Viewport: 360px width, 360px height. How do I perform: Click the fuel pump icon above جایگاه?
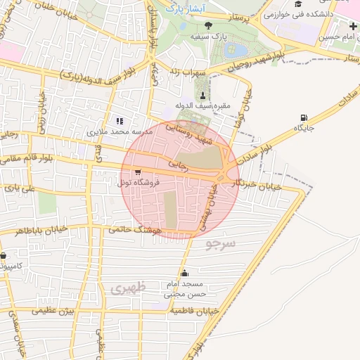pyautogui.click(x=304, y=117)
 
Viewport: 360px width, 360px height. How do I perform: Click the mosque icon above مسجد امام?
pyautogui.click(x=184, y=274)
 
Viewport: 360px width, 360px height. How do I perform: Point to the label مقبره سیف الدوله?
pyautogui.click(x=202, y=106)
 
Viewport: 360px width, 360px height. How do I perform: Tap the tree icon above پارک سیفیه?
pyautogui.click(x=207, y=26)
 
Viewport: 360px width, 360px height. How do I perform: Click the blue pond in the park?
pyautogui.click(x=236, y=50)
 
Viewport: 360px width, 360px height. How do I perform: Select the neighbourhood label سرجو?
pyautogui.click(x=222, y=243)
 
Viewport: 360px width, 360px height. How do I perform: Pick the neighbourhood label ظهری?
pyautogui.click(x=127, y=288)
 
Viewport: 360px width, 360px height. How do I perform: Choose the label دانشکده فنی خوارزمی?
pyautogui.click(x=294, y=14)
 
